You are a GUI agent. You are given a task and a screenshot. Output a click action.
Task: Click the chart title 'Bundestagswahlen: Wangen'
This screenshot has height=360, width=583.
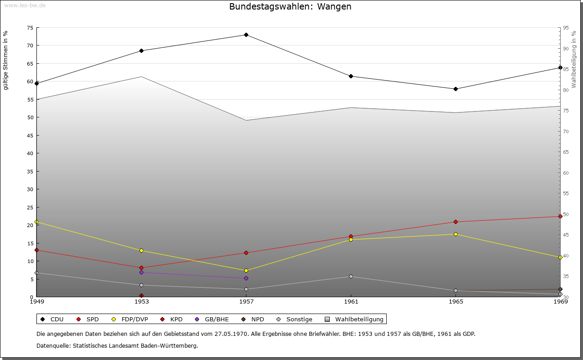point(290,7)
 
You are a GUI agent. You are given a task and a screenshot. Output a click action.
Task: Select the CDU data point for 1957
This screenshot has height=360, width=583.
point(246,35)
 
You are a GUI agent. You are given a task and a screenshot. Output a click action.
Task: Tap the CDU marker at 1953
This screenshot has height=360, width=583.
point(141,51)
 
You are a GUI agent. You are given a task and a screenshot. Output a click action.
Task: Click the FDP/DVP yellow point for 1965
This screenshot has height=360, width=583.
point(455,234)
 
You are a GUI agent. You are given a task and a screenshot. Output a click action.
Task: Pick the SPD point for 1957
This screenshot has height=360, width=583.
point(246,253)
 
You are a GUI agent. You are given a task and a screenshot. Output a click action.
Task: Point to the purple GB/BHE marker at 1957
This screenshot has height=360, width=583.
point(246,278)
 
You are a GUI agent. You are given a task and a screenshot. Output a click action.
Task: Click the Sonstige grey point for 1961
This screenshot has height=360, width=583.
point(351,276)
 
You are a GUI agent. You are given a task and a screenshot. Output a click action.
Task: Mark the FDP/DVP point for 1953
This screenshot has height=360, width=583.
point(141,250)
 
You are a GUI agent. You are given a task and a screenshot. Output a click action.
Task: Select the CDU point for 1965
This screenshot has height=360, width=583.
point(455,89)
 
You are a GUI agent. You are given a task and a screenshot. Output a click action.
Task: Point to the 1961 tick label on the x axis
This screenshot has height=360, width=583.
point(351,301)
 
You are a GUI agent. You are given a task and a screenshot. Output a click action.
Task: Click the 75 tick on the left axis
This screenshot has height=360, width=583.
point(30,28)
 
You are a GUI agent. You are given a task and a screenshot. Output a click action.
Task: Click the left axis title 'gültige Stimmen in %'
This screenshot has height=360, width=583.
point(6,60)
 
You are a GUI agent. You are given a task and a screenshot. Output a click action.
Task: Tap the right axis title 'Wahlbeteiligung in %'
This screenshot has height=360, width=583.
point(574,60)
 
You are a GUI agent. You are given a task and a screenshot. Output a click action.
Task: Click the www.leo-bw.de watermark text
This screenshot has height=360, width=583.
point(25,5)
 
